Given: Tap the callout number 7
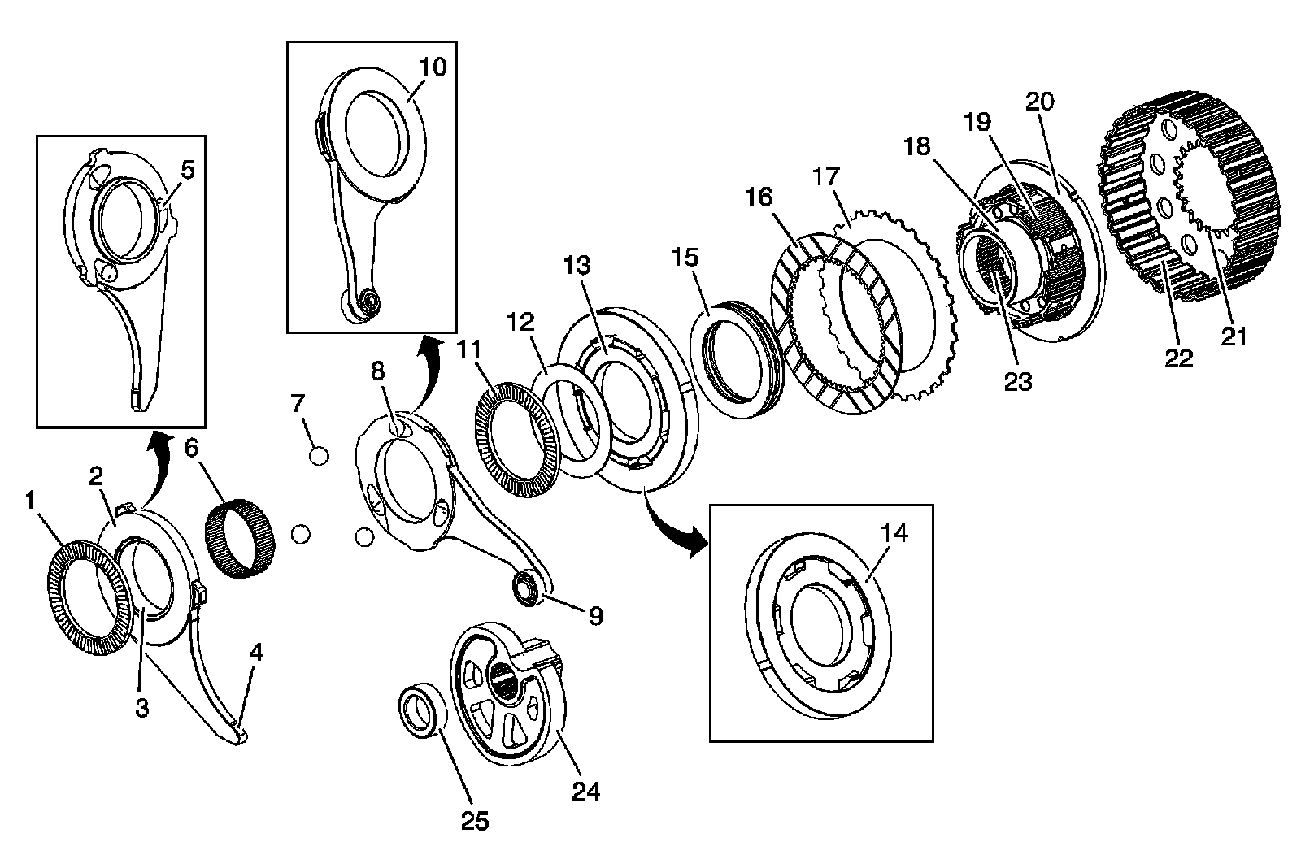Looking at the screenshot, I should click(x=298, y=402).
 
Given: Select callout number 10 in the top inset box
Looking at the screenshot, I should click(x=433, y=66).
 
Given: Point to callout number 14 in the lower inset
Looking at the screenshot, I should click(x=894, y=533).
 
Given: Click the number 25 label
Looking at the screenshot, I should click(x=475, y=822).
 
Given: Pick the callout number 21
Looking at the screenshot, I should click(x=1234, y=336).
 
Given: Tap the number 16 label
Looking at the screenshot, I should click(x=758, y=197).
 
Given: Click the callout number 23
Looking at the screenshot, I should click(x=1017, y=381).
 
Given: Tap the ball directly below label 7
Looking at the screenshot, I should click(x=319, y=455).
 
